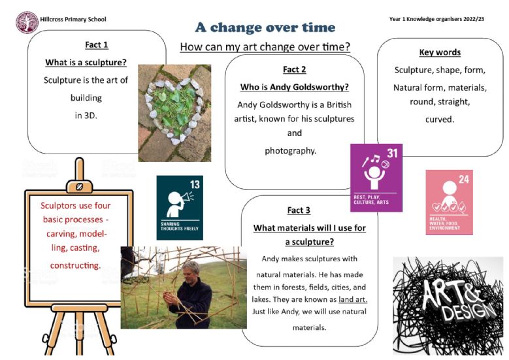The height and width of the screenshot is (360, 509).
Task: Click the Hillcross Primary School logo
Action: [27, 22]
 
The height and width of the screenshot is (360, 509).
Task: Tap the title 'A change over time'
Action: [265, 27]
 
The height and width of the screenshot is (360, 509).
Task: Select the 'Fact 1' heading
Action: [97, 45]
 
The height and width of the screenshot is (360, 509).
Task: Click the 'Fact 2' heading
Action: [295, 69]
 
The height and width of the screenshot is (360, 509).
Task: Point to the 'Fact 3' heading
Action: [299, 210]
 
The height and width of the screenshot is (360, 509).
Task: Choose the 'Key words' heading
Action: [440, 52]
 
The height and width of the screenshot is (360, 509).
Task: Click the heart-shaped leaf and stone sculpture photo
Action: [174, 113]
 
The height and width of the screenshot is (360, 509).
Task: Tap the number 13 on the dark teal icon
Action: [195, 185]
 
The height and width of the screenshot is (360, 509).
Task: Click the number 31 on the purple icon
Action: [392, 153]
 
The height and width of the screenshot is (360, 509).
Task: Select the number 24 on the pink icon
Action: [464, 179]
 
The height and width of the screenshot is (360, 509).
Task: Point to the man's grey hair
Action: [191, 267]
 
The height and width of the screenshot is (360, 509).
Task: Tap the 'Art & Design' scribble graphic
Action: [448, 306]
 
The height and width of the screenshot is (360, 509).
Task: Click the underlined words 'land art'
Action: [353, 299]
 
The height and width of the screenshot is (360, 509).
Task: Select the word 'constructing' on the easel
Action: [75, 265]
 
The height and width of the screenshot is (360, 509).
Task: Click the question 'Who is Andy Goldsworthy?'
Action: [295, 87]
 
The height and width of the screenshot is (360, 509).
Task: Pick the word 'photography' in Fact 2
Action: [291, 151]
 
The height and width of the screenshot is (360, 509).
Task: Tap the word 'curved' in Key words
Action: [440, 120]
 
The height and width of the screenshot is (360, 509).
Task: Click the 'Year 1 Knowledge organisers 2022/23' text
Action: [436, 19]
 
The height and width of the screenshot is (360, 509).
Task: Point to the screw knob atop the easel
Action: [79, 187]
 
